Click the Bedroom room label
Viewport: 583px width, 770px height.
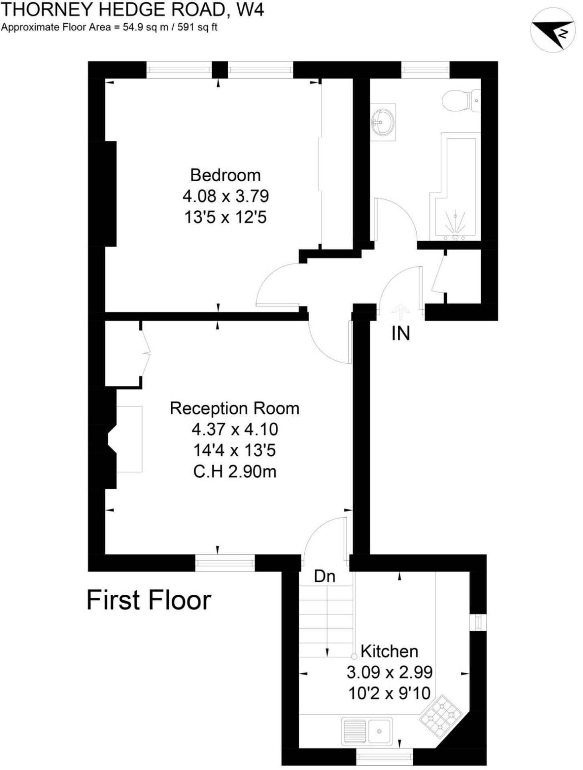pyautogui.click(x=225, y=175)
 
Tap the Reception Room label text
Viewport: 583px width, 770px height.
pyautogui.click(x=235, y=408)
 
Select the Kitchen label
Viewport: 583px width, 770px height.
pyautogui.click(x=389, y=651)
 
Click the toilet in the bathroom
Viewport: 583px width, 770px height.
pyautogui.click(x=461, y=100)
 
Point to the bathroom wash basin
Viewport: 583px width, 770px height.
pyautogui.click(x=383, y=122)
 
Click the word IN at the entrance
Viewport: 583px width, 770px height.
pyautogui.click(x=401, y=333)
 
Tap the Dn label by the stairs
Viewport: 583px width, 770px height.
pyautogui.click(x=324, y=577)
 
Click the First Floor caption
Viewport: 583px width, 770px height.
pyautogui.click(x=149, y=600)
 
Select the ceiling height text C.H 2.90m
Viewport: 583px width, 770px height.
pyautogui.click(x=235, y=472)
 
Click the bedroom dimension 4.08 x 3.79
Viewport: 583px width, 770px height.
pyautogui.click(x=225, y=197)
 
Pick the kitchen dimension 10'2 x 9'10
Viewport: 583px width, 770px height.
pyautogui.click(x=389, y=693)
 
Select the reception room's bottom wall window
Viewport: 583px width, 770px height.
pyautogui.click(x=225, y=563)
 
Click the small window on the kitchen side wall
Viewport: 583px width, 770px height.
pyautogui.click(x=478, y=623)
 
